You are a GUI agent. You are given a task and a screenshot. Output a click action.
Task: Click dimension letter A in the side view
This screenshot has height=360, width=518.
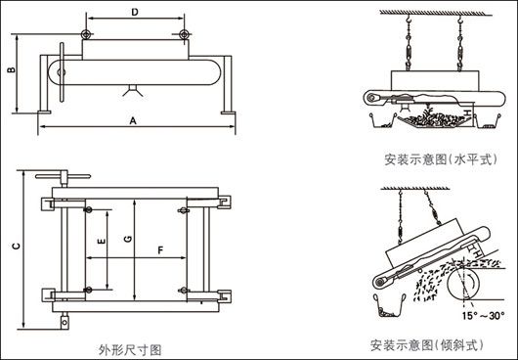click(x=133, y=121)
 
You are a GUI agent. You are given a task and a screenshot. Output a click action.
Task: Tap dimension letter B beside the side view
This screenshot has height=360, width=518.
click(x=11, y=69)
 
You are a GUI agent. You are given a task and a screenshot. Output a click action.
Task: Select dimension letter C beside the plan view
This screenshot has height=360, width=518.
click(x=16, y=246)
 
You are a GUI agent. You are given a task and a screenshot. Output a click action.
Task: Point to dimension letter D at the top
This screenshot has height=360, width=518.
click(x=135, y=12)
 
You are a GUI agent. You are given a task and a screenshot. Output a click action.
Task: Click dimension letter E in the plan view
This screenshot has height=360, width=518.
click(x=102, y=241)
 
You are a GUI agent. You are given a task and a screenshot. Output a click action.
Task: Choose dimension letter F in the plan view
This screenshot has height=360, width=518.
click(x=160, y=250)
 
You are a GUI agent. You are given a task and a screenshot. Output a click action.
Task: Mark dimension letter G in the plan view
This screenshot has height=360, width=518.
click(x=128, y=239)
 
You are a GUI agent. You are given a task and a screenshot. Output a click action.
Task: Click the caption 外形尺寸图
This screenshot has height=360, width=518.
click(x=130, y=350)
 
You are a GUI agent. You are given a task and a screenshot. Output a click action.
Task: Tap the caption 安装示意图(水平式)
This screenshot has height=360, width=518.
click(x=441, y=159)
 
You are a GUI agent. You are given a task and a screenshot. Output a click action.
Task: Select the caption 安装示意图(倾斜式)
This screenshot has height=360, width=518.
click(x=426, y=345)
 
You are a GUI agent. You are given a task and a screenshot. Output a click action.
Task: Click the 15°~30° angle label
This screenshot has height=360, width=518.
click(x=483, y=316)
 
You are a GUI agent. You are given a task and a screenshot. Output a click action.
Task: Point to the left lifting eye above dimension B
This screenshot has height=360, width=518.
click(x=85, y=33)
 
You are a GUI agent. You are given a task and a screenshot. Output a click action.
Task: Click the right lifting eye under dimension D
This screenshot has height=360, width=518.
click(x=184, y=33)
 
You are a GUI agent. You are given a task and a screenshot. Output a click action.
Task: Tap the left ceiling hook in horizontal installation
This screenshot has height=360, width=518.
click(x=409, y=21)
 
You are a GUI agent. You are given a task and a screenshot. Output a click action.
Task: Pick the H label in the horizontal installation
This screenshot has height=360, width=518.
click(x=467, y=112)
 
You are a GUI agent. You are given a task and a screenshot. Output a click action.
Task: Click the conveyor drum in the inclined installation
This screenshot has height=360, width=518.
click(x=464, y=283)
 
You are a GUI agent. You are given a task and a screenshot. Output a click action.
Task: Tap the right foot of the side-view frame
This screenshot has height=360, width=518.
click(x=228, y=112)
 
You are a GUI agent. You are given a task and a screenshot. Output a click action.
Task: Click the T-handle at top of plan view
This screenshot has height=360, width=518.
click(x=63, y=176)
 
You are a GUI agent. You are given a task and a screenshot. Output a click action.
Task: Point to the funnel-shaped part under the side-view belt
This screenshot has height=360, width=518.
click(x=133, y=91)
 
